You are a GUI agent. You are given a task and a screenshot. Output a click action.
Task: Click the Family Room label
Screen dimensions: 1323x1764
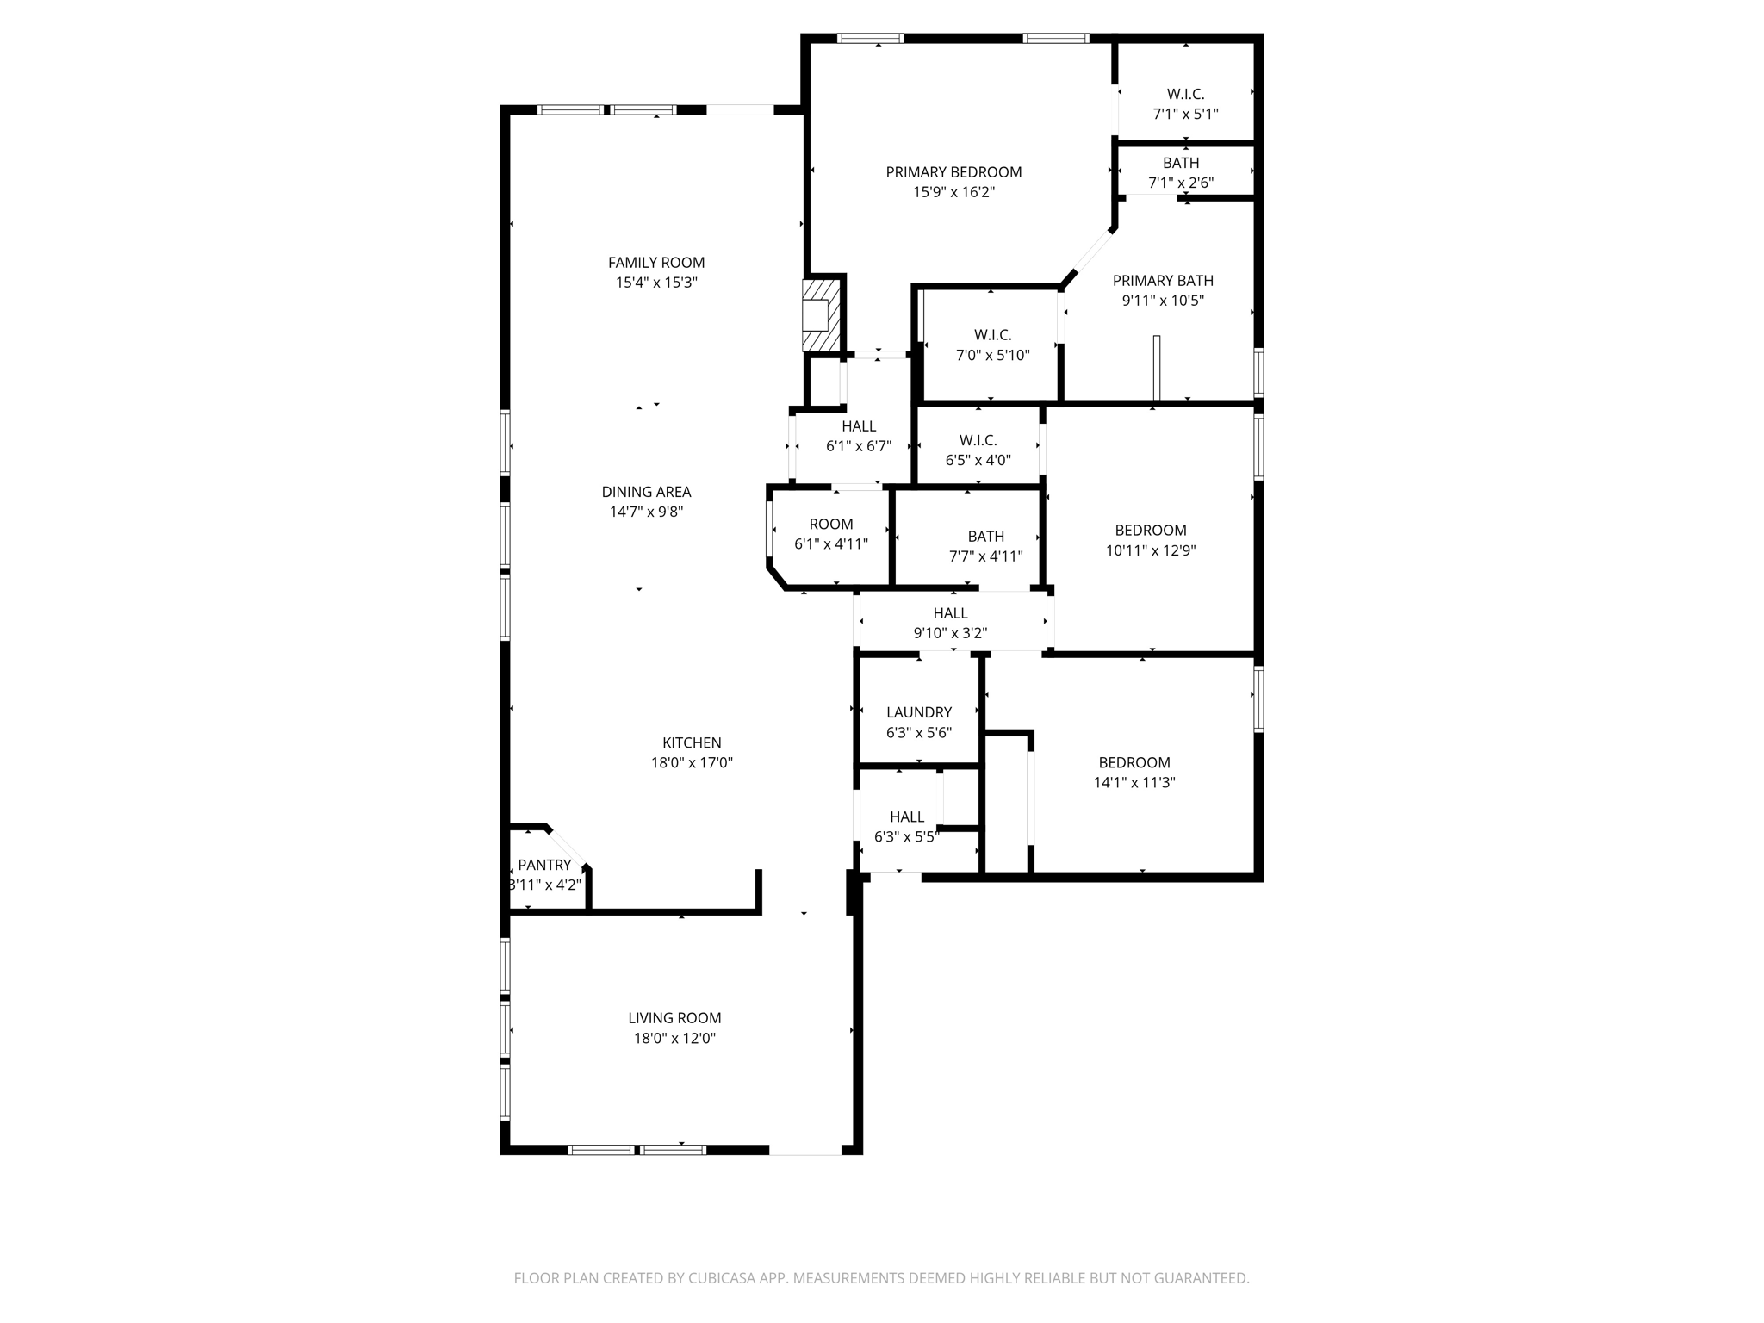coord(656,263)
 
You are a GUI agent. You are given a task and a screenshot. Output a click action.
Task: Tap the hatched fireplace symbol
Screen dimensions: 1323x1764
coord(821,315)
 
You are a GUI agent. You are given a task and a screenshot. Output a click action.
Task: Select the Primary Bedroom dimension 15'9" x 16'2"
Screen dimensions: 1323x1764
coord(953,192)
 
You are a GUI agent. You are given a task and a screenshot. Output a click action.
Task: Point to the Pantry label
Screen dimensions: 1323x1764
coord(544,865)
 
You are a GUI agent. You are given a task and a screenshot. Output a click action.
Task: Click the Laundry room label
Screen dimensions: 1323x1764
coord(919,712)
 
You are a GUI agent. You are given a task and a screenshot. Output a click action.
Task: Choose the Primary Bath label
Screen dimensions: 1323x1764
coord(1163,281)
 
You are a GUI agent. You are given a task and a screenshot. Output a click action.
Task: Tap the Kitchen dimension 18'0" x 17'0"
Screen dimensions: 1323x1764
coord(692,762)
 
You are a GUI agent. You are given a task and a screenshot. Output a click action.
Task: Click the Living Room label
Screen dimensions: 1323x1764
coord(674,1018)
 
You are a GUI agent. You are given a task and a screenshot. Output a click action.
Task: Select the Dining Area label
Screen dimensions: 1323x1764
coord(646,492)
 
